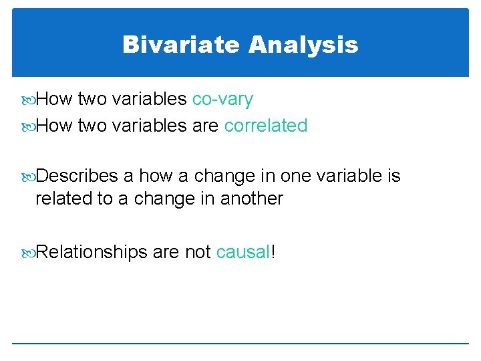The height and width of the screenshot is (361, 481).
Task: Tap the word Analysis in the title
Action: [x=303, y=45]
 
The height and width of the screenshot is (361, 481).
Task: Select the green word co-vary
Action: [x=222, y=100]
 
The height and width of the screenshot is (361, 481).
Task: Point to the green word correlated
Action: [x=266, y=125]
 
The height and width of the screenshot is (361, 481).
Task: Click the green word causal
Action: [x=243, y=251]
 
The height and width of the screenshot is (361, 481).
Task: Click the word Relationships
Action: [x=91, y=251]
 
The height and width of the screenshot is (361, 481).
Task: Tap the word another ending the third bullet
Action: [x=252, y=199]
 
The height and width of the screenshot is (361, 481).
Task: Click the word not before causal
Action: [x=197, y=251]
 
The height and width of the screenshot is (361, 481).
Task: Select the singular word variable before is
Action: [x=349, y=176]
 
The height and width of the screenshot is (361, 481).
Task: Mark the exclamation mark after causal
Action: [x=274, y=251]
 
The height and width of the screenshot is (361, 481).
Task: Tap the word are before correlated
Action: [x=205, y=125]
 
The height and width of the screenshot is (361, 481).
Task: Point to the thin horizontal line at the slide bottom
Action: [x=240, y=344]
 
